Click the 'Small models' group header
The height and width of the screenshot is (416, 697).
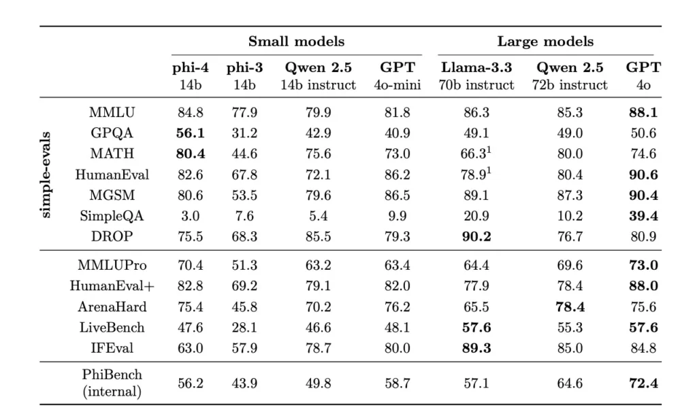296,41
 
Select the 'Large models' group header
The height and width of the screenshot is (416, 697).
545,41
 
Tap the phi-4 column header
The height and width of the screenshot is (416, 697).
191,75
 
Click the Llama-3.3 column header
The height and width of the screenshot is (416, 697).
476,75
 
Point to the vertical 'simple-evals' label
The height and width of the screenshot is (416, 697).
46,174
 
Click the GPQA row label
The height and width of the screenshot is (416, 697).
112,133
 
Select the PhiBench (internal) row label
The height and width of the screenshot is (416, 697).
112,383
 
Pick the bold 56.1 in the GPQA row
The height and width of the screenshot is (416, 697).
191,133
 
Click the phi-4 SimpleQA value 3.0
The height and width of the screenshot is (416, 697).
191,216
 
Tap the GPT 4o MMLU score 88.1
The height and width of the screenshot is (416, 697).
643,112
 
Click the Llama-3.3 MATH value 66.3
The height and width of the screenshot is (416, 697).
474,154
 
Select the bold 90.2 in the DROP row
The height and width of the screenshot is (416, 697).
476,237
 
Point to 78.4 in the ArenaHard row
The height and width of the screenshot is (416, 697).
570,307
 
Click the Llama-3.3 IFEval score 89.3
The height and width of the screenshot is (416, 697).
476,348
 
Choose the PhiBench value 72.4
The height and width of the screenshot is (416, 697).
643,383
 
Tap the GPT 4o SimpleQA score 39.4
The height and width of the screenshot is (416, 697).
643,216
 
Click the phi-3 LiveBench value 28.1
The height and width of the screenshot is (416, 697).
242,328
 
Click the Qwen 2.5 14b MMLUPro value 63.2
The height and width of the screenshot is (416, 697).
319,265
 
